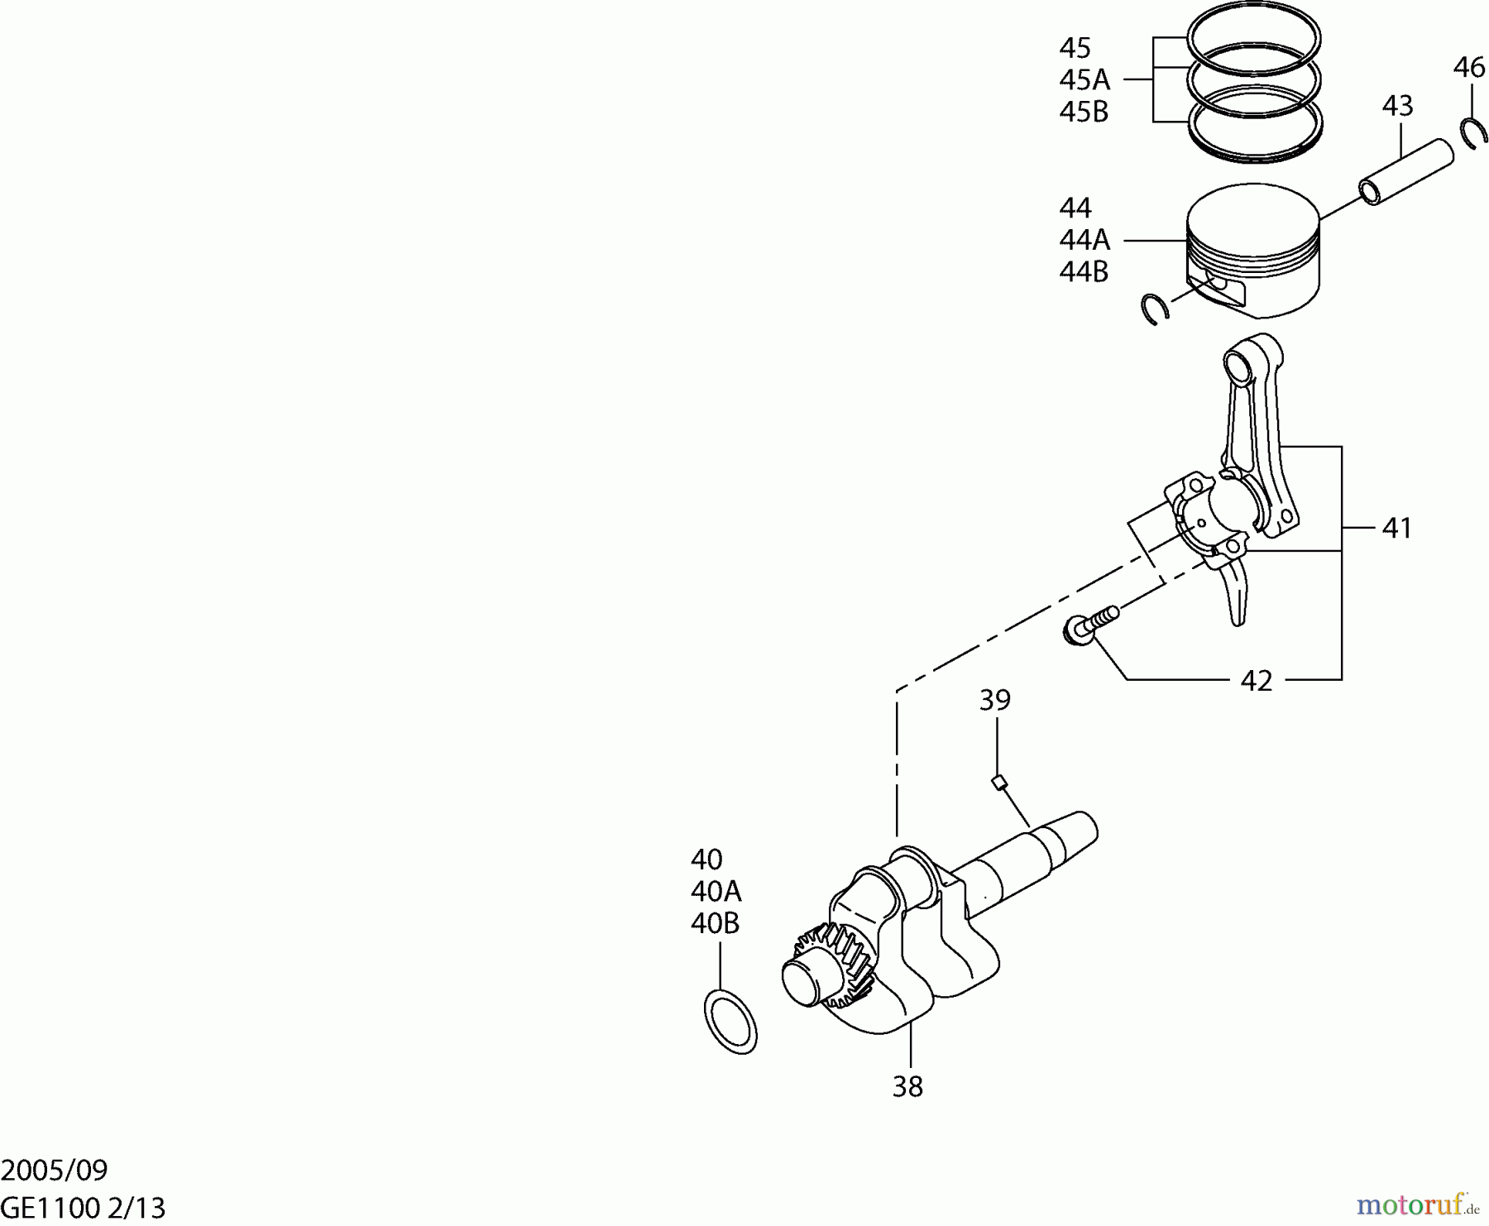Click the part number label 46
point(1468,67)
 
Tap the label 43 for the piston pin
point(1397,106)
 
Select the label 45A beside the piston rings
point(1084,79)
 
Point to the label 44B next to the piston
point(1084,271)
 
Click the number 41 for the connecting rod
point(1396,528)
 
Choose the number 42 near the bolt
point(1256,680)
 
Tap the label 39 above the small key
point(995,700)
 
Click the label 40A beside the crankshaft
point(716,891)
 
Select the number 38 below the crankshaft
point(907,1086)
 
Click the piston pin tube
point(1405,171)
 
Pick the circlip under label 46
point(1473,134)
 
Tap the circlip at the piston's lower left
point(1153,309)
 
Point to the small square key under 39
point(999,781)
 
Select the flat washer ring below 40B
point(730,1021)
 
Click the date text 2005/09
point(55,1170)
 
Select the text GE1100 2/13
point(83,1208)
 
